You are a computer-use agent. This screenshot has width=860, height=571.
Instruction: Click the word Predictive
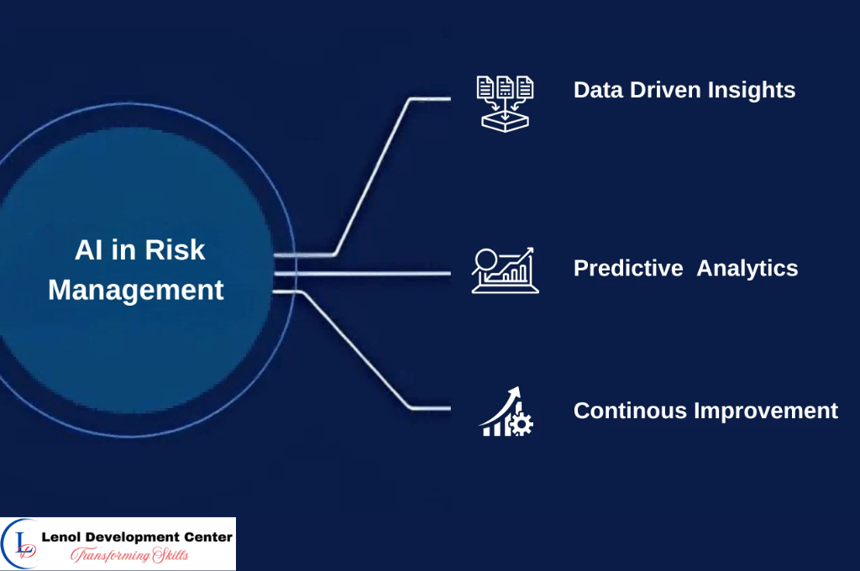[x=628, y=268]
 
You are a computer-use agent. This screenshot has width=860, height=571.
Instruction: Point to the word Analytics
[x=747, y=268]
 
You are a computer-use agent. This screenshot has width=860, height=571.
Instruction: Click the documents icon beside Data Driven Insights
[x=505, y=101]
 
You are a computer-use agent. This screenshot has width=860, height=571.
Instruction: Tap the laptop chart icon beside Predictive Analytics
[x=505, y=270]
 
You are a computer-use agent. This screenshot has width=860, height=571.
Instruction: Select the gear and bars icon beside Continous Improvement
[x=506, y=411]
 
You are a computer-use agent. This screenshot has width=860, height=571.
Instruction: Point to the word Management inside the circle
[x=136, y=290]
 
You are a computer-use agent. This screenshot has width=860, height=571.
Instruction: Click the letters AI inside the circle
[x=88, y=249]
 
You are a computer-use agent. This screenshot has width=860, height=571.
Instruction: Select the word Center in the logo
[x=207, y=537]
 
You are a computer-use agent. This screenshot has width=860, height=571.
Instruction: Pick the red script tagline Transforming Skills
[x=128, y=555]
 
